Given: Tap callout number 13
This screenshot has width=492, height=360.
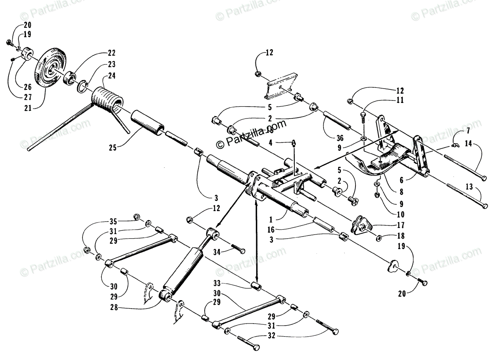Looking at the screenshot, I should (x=469, y=187).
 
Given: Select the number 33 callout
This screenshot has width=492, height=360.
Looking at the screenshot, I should (x=218, y=283).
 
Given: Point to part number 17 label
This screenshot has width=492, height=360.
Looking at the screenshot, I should (x=401, y=225).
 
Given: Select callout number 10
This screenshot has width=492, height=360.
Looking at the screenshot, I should (x=401, y=214).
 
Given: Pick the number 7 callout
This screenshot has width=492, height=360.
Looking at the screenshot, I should (x=468, y=131).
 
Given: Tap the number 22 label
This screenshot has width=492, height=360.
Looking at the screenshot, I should (x=112, y=53).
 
